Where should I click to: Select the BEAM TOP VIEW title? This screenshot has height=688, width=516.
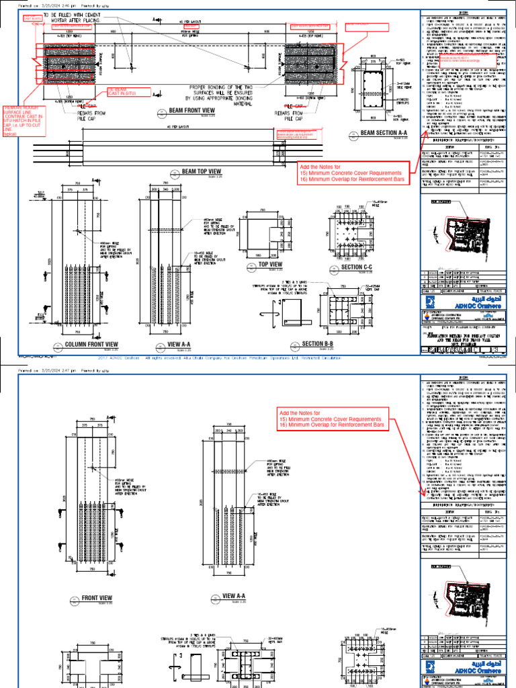pos(201,172)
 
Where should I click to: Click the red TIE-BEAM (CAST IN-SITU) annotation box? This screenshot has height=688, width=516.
pos(122,93)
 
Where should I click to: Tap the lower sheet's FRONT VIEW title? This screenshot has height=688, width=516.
pos(97,597)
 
